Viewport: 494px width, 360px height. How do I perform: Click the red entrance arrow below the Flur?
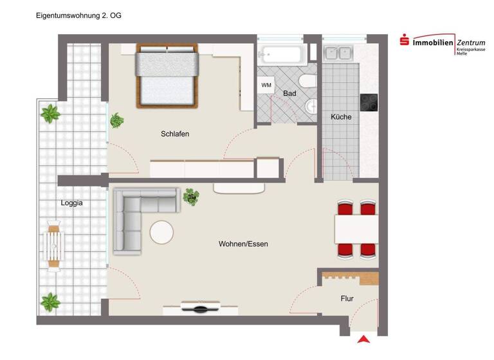(363, 339)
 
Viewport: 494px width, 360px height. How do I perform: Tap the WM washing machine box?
(266, 85)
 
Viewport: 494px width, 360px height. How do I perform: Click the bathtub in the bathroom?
(280, 53)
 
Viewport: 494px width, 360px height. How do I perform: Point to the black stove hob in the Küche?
(369, 103)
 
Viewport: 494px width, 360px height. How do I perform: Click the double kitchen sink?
(338, 53)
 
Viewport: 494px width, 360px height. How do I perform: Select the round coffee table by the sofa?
(161, 232)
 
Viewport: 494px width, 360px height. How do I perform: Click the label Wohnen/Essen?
(243, 244)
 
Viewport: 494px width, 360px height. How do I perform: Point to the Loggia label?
(71, 203)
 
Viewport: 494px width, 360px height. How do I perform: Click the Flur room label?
(347, 299)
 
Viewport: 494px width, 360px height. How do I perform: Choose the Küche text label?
(341, 117)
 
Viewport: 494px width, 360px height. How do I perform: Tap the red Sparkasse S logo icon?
(405, 41)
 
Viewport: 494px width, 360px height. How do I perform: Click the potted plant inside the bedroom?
(116, 120)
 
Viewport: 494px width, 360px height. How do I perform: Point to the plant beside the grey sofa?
(191, 197)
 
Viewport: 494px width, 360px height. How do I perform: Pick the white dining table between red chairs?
(356, 228)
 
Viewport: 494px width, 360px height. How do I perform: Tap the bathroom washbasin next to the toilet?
(311, 107)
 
